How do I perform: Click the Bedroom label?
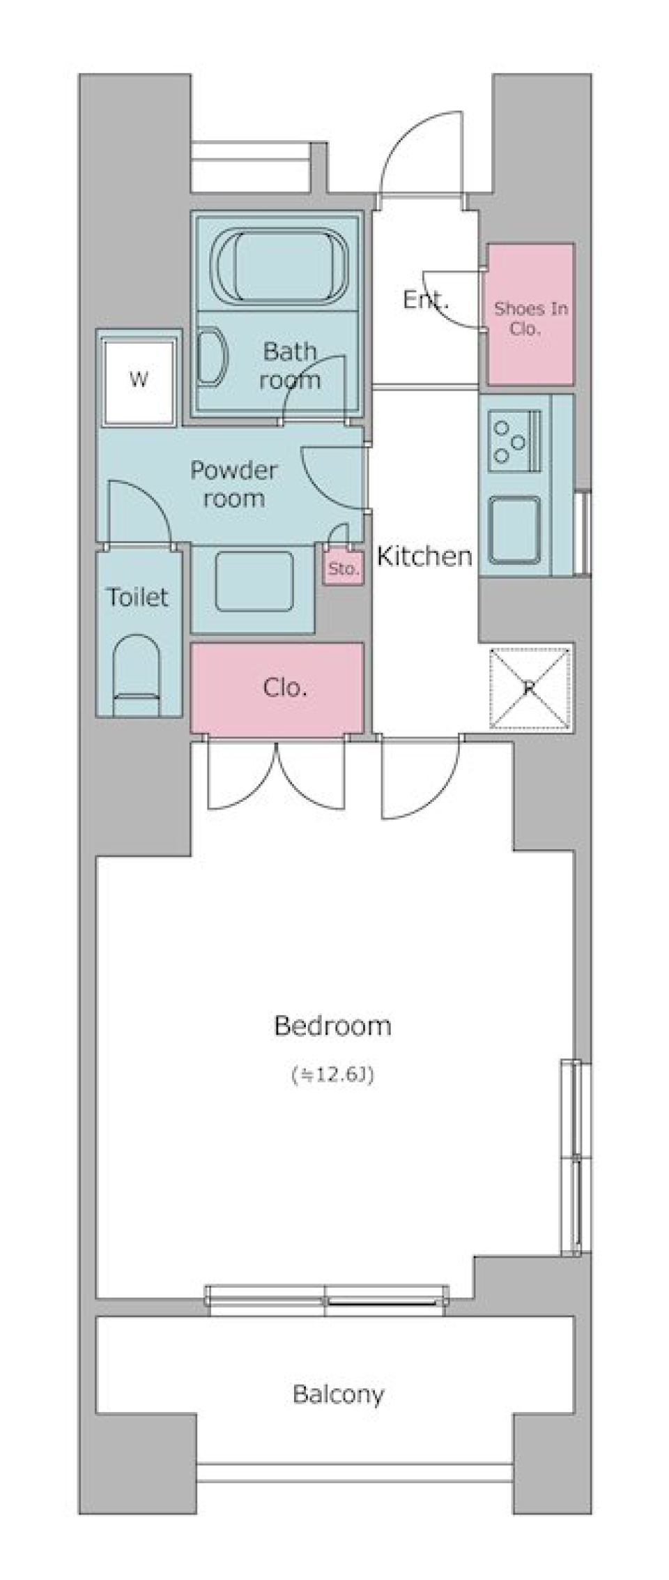tap(332, 1026)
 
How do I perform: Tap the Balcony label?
tap(338, 1395)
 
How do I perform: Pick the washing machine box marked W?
tap(138, 380)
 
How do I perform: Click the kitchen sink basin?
tap(515, 530)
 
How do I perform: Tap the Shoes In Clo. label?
tap(530, 318)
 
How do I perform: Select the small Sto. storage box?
tap(343, 568)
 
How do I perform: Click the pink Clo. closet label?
tap(285, 688)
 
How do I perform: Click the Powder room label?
tap(233, 484)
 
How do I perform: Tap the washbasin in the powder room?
tap(254, 582)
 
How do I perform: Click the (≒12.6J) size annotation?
tap(332, 1075)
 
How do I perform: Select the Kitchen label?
tap(424, 556)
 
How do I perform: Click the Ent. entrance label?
tap(425, 300)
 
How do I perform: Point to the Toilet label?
tap(137, 597)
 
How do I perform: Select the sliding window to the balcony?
tap(327, 1294)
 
